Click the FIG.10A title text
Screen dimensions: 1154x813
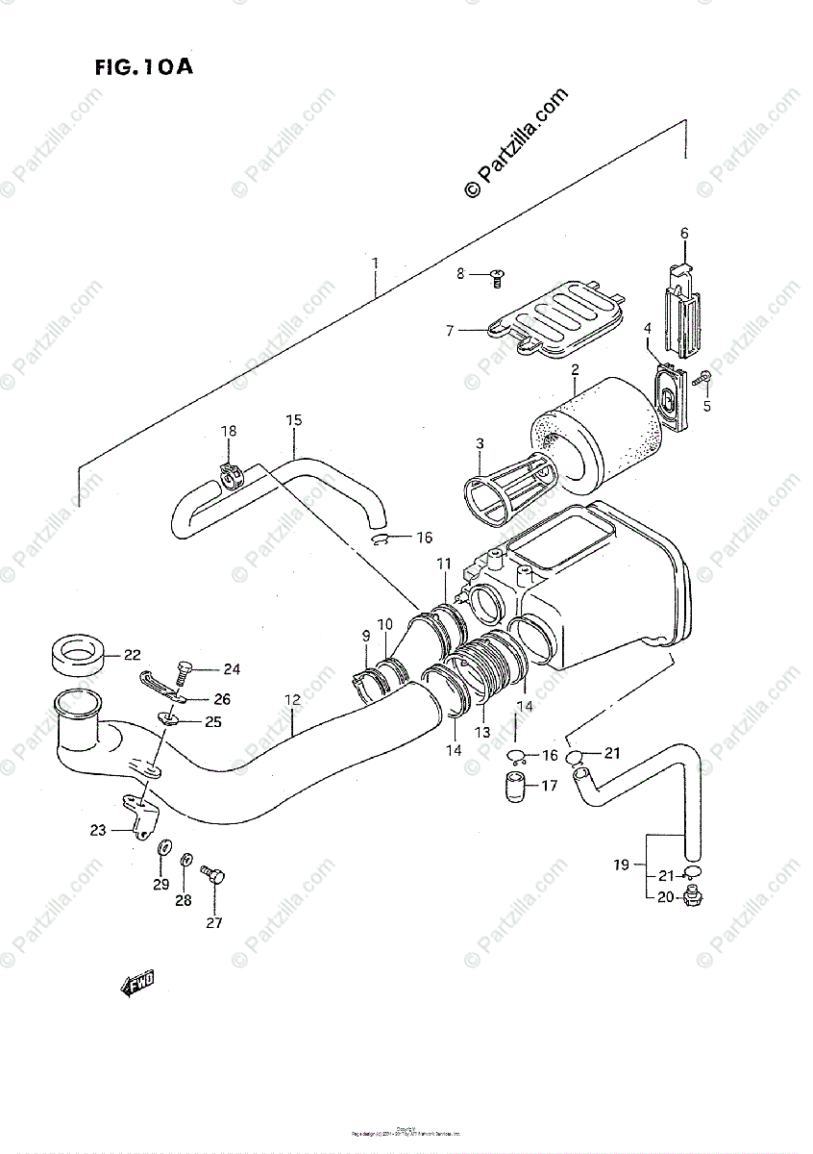[x=143, y=68]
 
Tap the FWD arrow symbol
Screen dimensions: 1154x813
[x=136, y=982]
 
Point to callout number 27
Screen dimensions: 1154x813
[x=213, y=923]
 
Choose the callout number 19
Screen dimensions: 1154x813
[x=621, y=865]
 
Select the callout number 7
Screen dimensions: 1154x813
[x=449, y=331]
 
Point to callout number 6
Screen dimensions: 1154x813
[x=684, y=233]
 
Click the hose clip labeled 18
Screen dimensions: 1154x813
[x=231, y=473]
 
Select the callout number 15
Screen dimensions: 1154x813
[x=294, y=419]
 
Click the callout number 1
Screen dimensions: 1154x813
[x=376, y=263]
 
